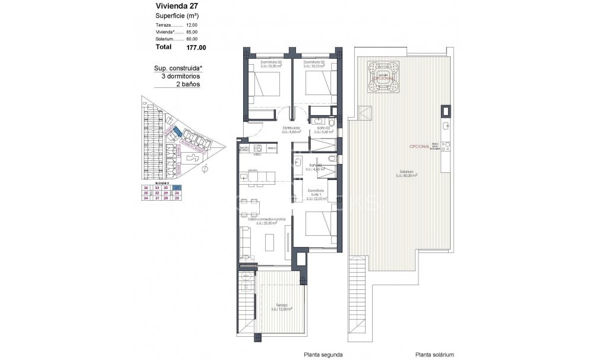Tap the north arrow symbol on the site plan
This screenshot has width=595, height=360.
pyautogui.click(x=205, y=169)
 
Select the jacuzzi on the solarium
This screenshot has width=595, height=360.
pyautogui.click(x=382, y=77)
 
